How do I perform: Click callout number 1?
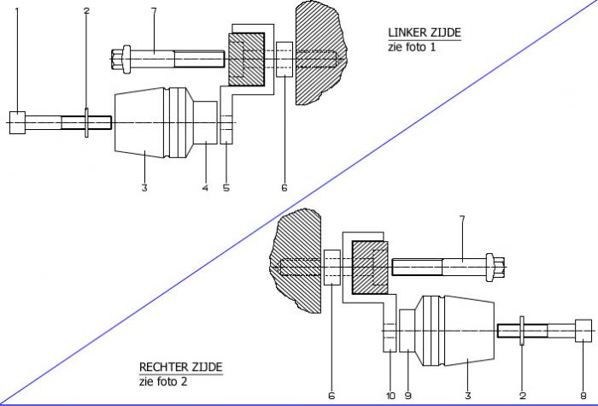[x=15, y=10]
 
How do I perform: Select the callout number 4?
[x=205, y=187]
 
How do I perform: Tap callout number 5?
[x=226, y=187]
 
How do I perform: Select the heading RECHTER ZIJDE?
[x=180, y=367]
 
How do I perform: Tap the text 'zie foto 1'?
[x=411, y=47]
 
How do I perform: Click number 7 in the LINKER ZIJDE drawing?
[x=153, y=10]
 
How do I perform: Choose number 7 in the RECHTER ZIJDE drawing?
[x=462, y=221]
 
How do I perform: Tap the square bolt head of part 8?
[x=583, y=329]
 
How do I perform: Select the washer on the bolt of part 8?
[x=521, y=330]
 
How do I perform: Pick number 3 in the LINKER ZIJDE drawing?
[x=144, y=187]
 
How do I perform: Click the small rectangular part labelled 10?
[x=390, y=338]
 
